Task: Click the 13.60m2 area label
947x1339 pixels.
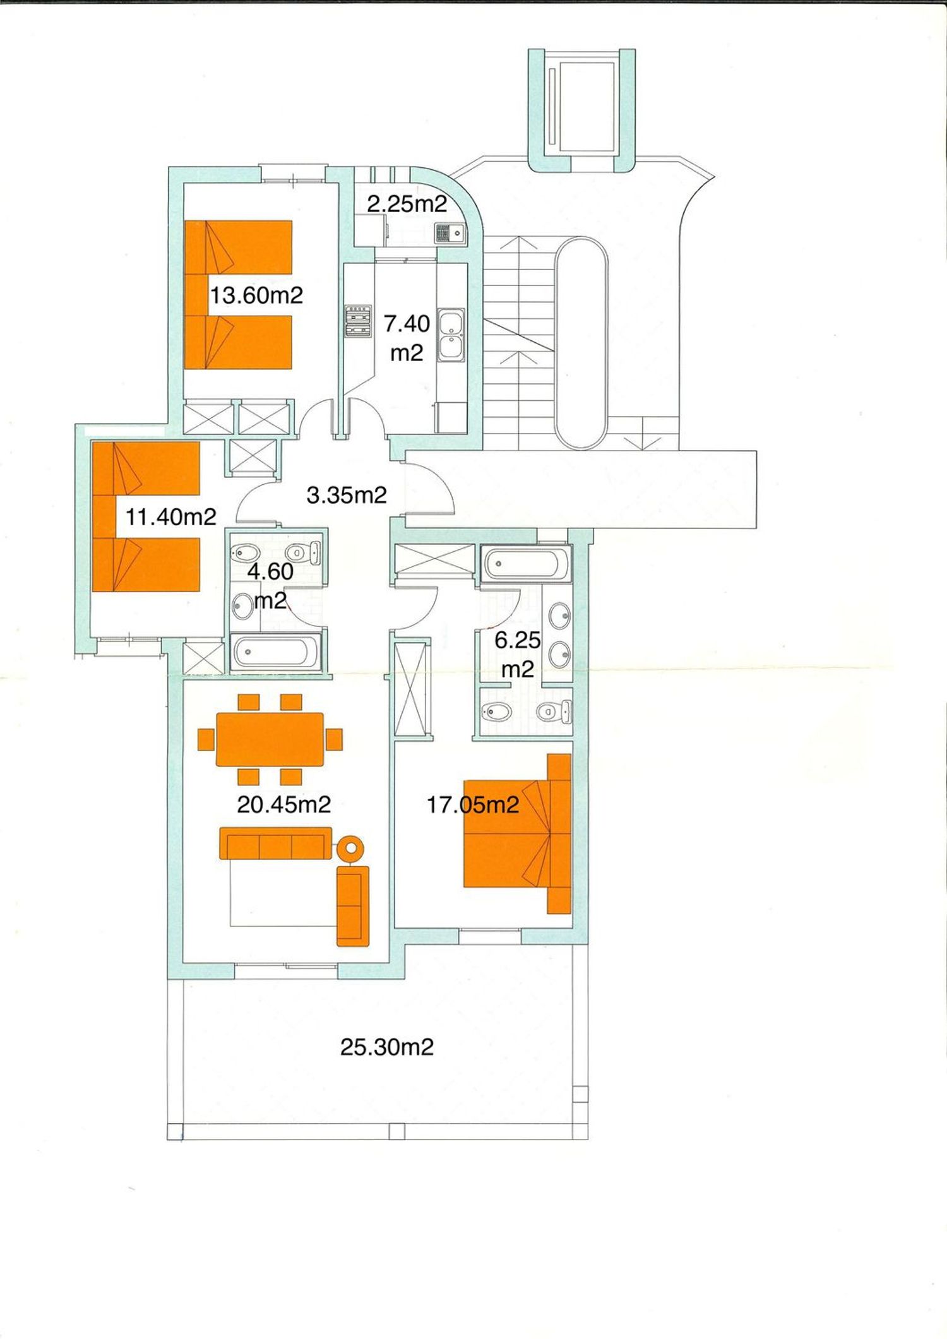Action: pyautogui.click(x=256, y=295)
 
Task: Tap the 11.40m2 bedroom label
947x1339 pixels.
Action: pyautogui.click(x=171, y=517)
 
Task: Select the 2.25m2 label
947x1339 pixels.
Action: pyautogui.click(x=407, y=204)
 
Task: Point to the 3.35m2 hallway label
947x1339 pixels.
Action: pyautogui.click(x=347, y=495)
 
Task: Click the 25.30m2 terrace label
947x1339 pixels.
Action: pyautogui.click(x=387, y=1047)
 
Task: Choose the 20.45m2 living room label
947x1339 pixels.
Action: pyautogui.click(x=284, y=804)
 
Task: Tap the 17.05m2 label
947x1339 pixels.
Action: pyautogui.click(x=473, y=804)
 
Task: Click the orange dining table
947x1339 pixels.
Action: pyautogui.click(x=270, y=739)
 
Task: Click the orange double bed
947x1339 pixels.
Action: pyautogui.click(x=518, y=833)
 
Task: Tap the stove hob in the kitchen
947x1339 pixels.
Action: pyautogui.click(x=357, y=323)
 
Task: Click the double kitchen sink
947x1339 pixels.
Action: pyautogui.click(x=451, y=335)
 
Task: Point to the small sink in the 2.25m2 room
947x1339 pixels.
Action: pyautogui.click(x=450, y=233)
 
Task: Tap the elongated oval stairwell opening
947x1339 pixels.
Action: pyautogui.click(x=581, y=343)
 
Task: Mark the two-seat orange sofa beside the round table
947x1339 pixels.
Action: pyautogui.click(x=353, y=907)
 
